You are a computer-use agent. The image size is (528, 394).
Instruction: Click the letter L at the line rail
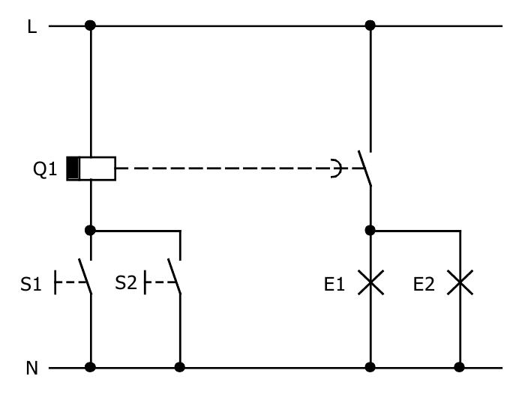tap(31, 26)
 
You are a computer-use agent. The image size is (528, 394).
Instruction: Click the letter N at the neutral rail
tap(32, 368)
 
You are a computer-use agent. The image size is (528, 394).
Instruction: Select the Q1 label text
tap(44, 170)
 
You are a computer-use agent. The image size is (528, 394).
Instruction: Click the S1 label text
tap(30, 285)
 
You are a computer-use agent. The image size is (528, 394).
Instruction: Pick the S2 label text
tap(126, 283)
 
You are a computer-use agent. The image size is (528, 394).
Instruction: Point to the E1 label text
tap(334, 284)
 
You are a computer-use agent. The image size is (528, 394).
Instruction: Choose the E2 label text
tap(424, 284)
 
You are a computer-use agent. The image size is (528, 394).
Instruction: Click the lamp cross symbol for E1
tap(370, 283)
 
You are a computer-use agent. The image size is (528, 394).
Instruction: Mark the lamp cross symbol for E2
tap(460, 283)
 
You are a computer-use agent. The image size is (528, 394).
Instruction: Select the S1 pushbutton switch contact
tap(86, 276)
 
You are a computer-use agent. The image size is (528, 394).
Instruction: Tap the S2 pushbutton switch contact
tap(175, 276)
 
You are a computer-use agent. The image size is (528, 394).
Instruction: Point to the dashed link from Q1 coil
tap(225, 169)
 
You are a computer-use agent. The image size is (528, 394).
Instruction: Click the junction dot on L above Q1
tap(91, 25)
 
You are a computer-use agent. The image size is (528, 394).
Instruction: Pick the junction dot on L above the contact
tap(370, 25)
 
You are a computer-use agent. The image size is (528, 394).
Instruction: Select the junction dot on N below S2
tap(180, 368)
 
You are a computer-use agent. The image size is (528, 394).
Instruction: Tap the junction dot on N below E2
tap(460, 368)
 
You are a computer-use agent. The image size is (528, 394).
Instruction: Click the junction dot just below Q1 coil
tap(91, 230)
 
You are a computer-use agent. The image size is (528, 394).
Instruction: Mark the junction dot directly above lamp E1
tap(370, 230)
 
